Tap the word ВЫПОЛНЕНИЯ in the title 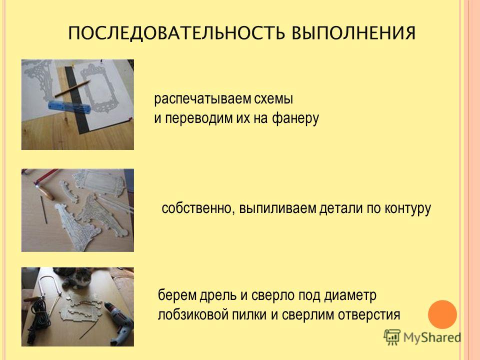pyautogui.click(x=353, y=33)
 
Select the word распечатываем pyautogui.click(x=202, y=99)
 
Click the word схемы pyautogui.click(x=273, y=99)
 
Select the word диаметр pyautogui.click(x=350, y=295)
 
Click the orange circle pyautogui.click(x=442, y=314)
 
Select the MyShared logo pyautogui.click(x=422, y=337)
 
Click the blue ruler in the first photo pyautogui.click(x=69, y=106)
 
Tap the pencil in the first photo pyautogui.click(x=72, y=88)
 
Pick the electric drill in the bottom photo pyautogui.click(x=119, y=322)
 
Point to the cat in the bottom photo pyautogui.click(x=73, y=277)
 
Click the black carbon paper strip pyautogui.click(x=76, y=100)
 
